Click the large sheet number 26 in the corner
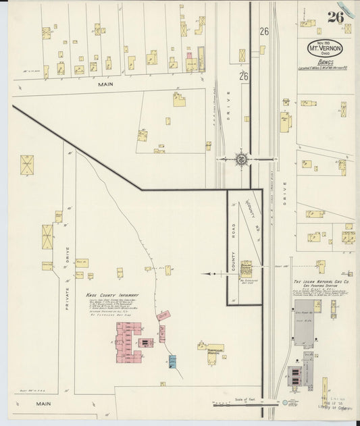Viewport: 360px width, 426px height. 336,17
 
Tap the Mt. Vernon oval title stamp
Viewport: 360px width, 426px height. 325,49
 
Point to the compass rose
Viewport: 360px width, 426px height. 240,159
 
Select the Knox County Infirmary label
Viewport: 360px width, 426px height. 112,295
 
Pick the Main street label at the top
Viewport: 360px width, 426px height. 105,84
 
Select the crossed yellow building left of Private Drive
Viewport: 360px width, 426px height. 47,236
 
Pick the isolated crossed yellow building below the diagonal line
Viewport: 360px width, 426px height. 27,163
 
